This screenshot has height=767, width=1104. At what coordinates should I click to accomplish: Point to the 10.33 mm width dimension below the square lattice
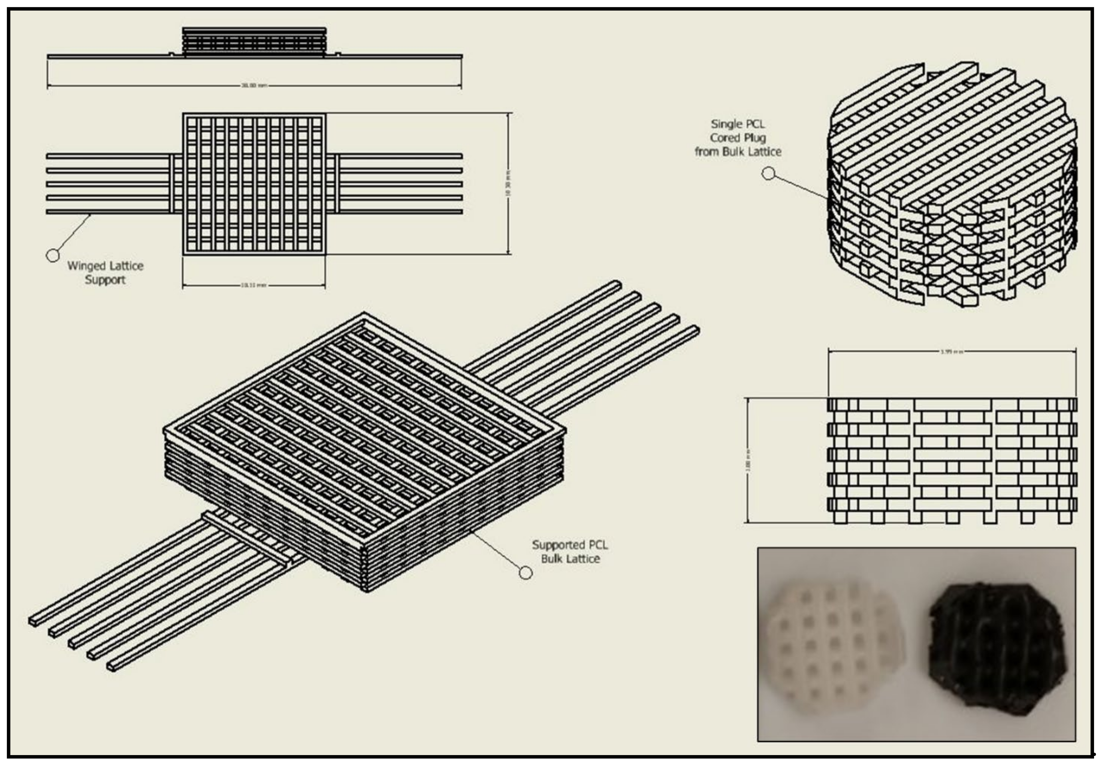pyautogui.click(x=254, y=285)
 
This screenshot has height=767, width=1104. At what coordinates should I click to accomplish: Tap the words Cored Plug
pyautogui.click(x=738, y=138)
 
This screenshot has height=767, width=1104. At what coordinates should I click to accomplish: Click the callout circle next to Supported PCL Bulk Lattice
pyautogui.click(x=526, y=573)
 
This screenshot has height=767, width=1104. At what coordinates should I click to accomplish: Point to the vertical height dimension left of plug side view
pyautogui.click(x=748, y=460)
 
